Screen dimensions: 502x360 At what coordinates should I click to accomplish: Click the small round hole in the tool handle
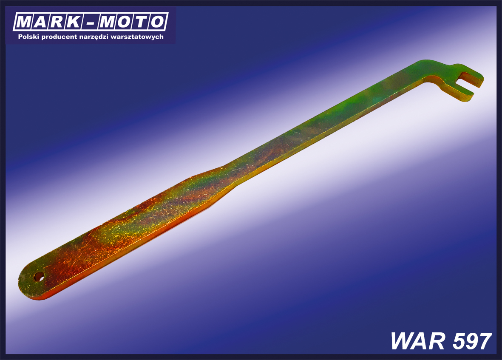coord(39,277)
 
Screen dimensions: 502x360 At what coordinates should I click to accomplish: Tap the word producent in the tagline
coord(59,37)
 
